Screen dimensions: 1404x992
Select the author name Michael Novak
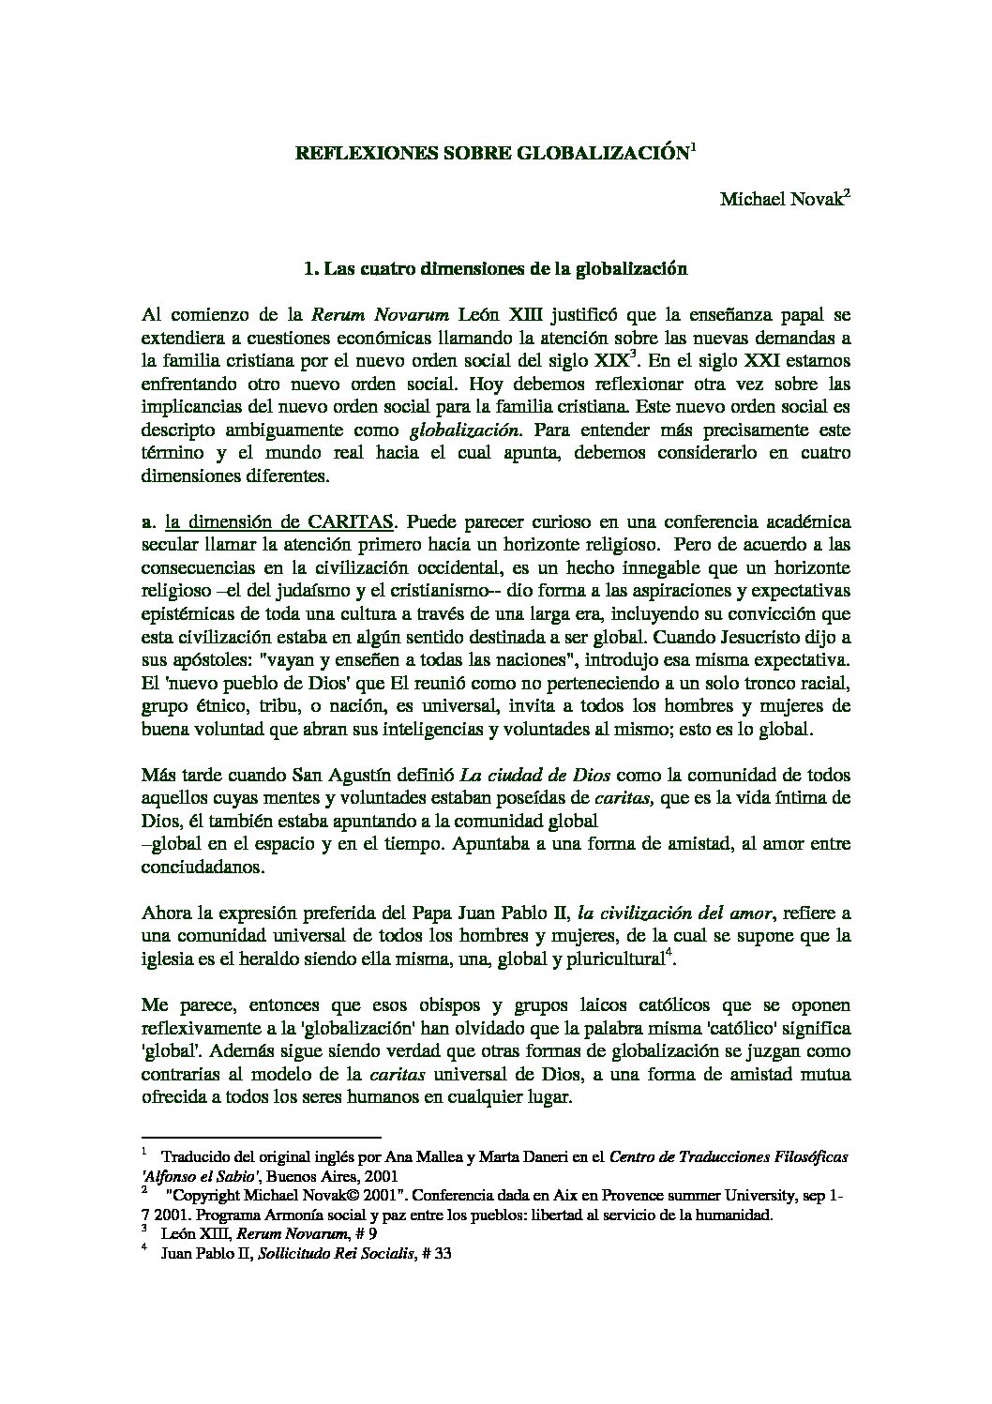[781, 201]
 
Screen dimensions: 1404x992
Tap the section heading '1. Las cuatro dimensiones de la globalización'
[496, 269]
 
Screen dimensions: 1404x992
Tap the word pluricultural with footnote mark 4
[615, 959]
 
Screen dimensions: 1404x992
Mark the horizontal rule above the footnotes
[261, 1135]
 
